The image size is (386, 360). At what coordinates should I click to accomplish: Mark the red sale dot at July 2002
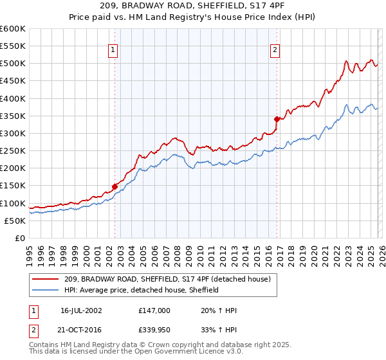pyautogui.click(x=115, y=186)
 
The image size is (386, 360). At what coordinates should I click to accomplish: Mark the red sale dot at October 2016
pyautogui.click(x=277, y=119)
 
